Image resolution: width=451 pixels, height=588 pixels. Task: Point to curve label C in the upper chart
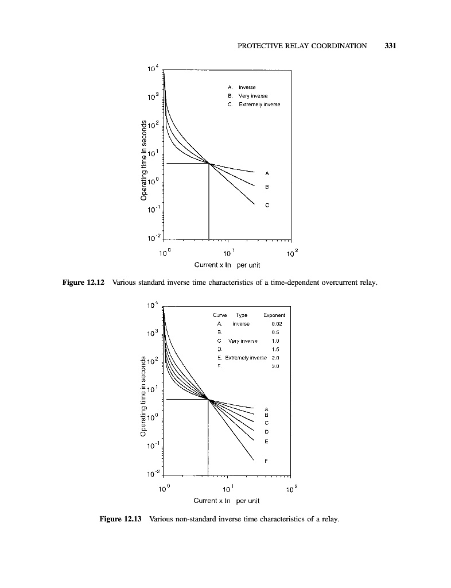coord(267,205)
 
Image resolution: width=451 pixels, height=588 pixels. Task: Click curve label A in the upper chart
coord(267,173)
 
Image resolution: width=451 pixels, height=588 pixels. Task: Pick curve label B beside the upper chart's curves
coord(267,187)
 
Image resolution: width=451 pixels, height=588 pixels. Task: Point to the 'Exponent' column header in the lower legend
coord(274,315)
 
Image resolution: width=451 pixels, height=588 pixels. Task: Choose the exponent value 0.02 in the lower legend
coord(278,323)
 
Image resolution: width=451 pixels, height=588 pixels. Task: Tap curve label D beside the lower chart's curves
coord(267,431)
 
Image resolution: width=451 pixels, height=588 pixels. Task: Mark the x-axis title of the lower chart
coord(227,501)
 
